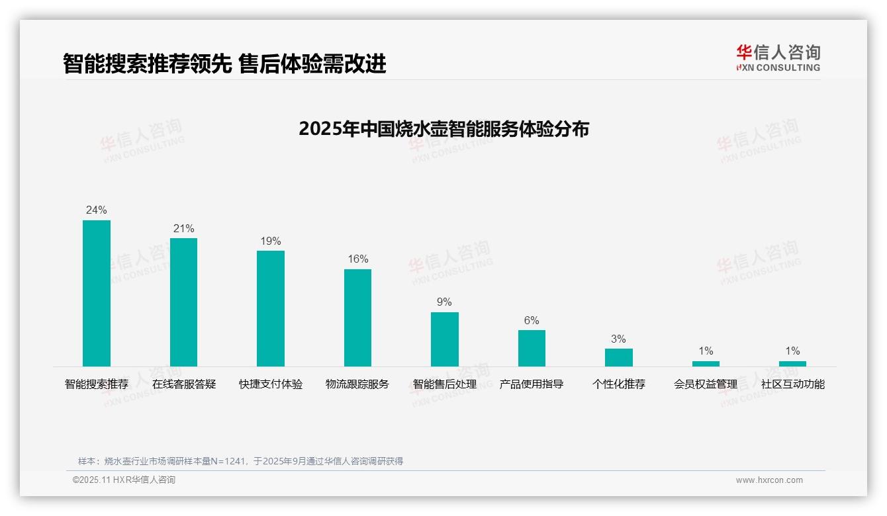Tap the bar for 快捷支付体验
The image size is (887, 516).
(271, 308)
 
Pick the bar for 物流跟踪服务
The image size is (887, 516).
(357, 318)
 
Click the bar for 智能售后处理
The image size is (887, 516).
(445, 339)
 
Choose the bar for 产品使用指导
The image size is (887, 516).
(532, 348)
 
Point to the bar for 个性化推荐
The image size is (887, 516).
(619, 357)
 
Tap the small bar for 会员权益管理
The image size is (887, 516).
(706, 364)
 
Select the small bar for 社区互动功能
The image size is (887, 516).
(792, 364)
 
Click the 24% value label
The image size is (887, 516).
(97, 210)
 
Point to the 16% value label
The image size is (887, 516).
(357, 259)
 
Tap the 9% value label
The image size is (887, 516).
(444, 302)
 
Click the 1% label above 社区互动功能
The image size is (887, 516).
(792, 351)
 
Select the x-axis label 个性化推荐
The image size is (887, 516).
(619, 384)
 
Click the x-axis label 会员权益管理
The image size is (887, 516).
(706, 384)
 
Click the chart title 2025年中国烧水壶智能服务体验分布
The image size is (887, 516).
(443, 129)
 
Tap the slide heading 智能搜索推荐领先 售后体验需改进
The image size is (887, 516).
(224, 64)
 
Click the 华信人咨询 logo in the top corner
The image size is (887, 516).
(778, 58)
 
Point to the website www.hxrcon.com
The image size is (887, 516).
(769, 480)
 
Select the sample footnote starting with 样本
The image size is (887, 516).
(240, 461)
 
